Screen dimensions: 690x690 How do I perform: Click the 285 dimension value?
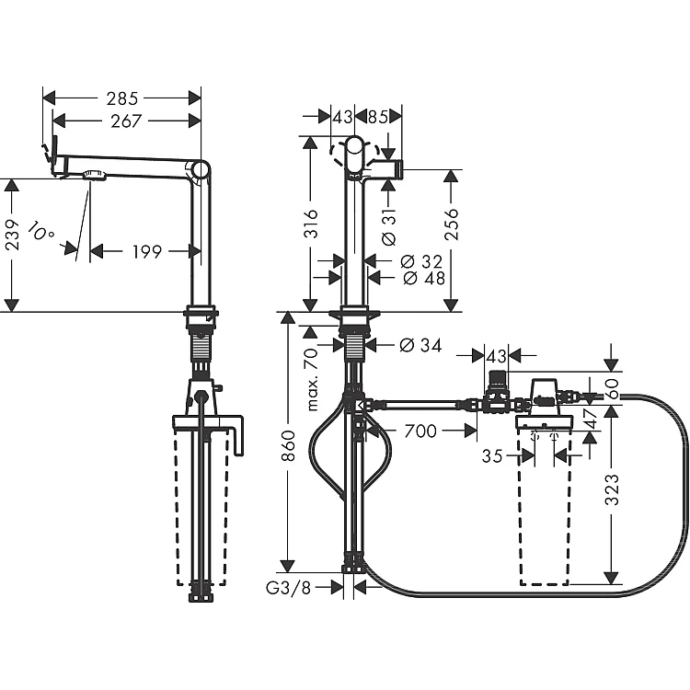122,98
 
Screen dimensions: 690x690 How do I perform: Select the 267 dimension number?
126,121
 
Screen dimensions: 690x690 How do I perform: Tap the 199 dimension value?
147,252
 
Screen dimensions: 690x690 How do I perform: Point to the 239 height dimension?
13,235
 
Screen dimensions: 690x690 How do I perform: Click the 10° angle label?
40,232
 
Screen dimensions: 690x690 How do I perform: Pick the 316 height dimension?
311,224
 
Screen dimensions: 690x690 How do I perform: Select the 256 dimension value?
452,224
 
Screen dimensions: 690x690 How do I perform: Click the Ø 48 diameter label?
424,278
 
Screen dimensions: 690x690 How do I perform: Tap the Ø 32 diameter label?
421,262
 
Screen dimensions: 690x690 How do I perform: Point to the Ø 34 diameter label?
420,345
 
